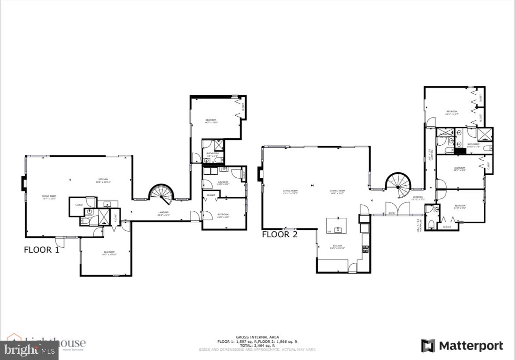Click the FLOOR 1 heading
point(41,250)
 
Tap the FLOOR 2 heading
point(280,235)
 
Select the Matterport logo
point(462,346)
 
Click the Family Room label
point(49,197)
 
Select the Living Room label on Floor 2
point(290,192)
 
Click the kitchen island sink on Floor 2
point(338,229)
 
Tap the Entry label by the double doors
point(392,213)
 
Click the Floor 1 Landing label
point(163,213)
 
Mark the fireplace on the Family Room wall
point(24,184)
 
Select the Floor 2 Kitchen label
point(337,246)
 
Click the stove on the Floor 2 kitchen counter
point(365,249)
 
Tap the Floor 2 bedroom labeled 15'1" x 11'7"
point(452,113)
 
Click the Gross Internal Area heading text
point(257,337)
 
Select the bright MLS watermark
point(29,350)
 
